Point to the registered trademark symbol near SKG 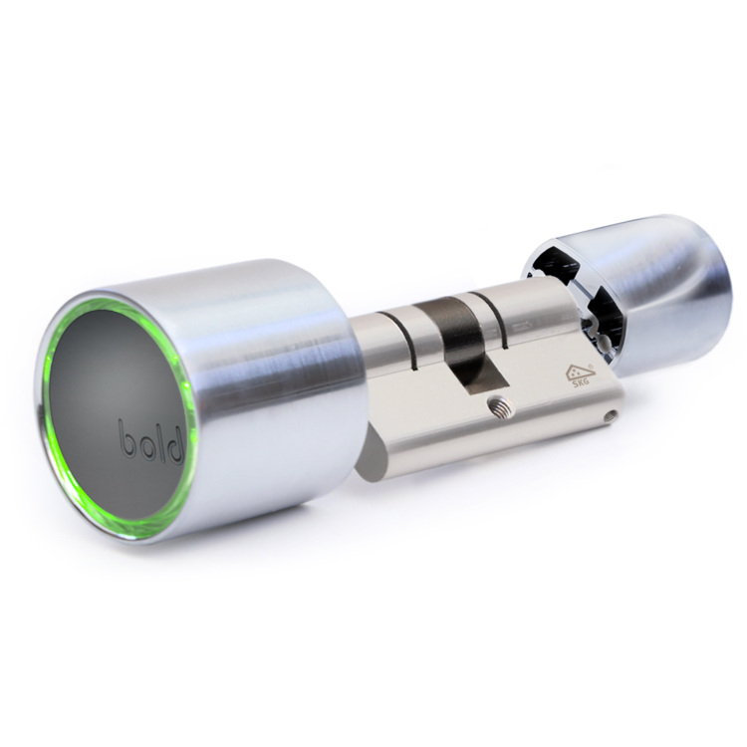(x=592, y=366)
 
